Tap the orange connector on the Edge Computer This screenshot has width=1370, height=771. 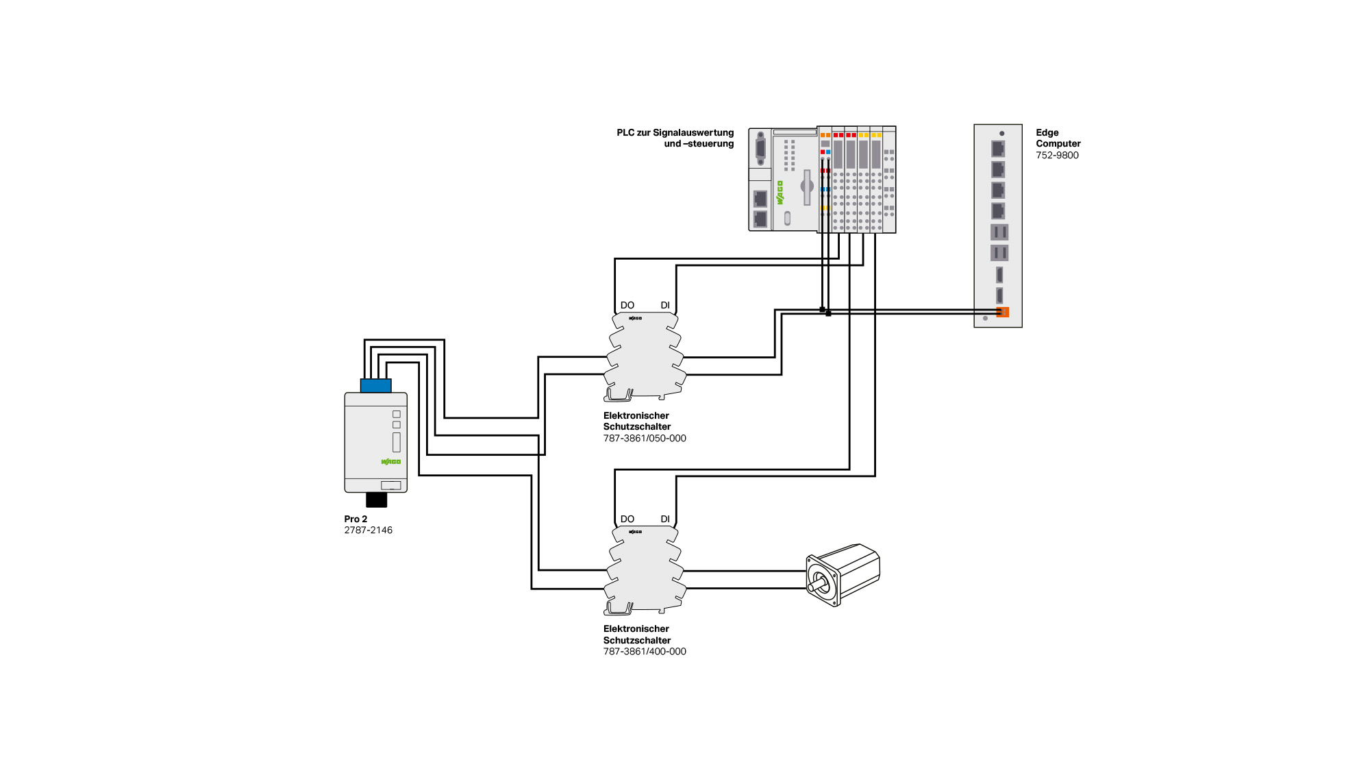1003,313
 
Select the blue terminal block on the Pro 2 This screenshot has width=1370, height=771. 376,386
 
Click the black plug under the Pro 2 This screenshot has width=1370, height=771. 377,500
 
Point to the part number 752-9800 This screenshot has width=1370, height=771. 1057,156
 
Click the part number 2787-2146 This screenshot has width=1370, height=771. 369,530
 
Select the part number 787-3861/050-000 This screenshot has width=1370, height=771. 645,439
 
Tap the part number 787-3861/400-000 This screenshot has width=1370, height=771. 645,652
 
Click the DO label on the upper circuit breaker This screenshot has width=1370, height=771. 627,306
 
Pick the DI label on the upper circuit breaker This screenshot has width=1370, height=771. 665,306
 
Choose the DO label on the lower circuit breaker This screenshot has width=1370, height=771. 627,519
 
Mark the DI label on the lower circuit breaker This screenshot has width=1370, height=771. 665,519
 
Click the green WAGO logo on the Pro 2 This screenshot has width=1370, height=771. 391,461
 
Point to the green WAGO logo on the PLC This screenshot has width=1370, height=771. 780,193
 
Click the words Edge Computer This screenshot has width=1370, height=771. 1058,138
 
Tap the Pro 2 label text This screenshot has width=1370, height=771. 356,519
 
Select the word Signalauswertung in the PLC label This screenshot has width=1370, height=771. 693,133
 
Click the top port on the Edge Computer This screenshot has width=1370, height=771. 999,148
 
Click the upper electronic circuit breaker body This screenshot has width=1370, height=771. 645,356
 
